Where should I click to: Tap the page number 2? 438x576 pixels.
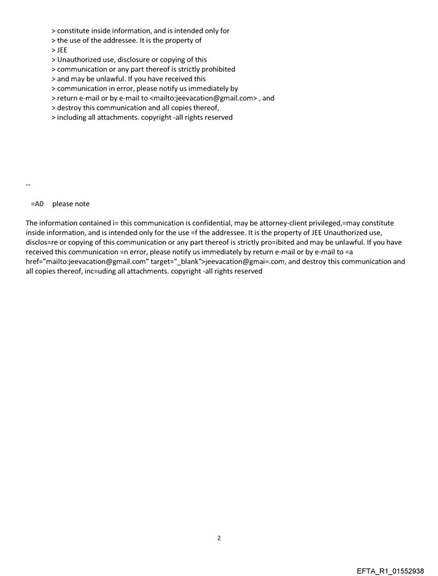click(218, 537)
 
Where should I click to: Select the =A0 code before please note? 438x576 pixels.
click(37, 204)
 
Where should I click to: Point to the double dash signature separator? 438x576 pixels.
click(28, 185)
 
